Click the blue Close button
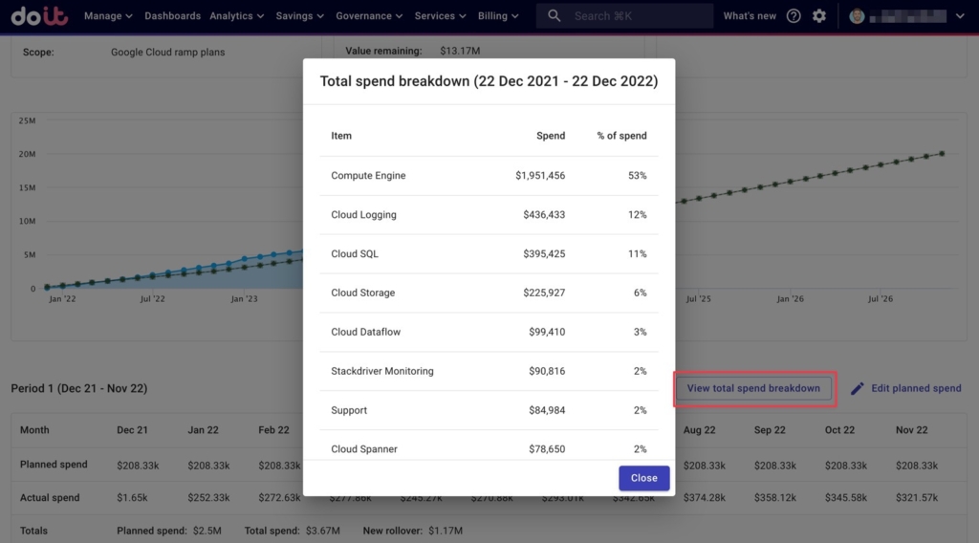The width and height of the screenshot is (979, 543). (x=643, y=478)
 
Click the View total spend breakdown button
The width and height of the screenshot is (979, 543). (x=753, y=388)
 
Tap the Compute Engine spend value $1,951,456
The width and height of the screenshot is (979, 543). (x=539, y=176)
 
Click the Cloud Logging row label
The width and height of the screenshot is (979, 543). (x=363, y=215)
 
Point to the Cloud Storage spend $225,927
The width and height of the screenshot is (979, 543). (x=542, y=293)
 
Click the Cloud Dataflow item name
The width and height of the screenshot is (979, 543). (x=365, y=333)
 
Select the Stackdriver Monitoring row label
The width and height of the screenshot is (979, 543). (x=381, y=371)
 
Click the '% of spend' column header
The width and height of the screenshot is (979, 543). (x=621, y=136)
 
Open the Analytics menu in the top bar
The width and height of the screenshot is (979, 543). (x=236, y=16)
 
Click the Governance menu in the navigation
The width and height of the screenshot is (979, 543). (x=368, y=16)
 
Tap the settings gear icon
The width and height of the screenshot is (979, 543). (x=819, y=16)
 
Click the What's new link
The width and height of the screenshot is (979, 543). (x=750, y=16)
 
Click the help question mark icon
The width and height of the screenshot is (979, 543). (x=794, y=16)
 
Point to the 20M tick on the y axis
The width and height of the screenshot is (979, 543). (x=28, y=154)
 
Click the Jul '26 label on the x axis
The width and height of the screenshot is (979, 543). (x=880, y=299)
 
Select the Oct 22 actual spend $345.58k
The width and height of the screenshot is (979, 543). (x=845, y=498)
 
